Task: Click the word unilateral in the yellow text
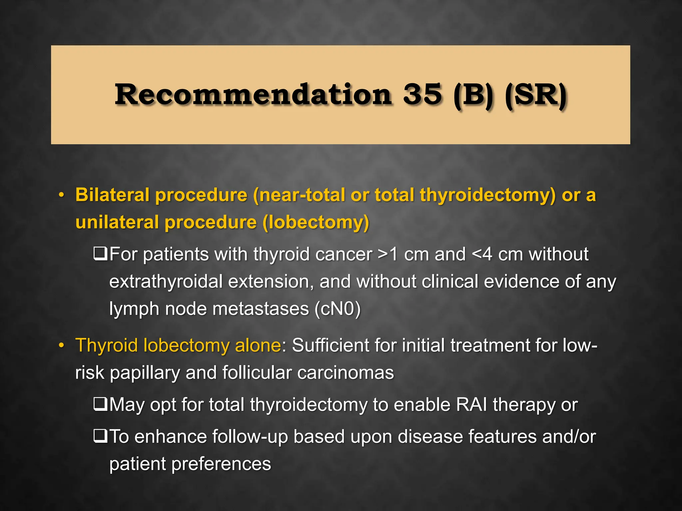[117, 222]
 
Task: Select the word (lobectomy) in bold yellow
[316, 223]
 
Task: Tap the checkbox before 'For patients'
[100, 254]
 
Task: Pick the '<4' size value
[482, 255]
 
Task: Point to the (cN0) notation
[338, 309]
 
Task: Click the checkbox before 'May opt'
[100, 404]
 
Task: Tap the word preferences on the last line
[221, 464]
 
